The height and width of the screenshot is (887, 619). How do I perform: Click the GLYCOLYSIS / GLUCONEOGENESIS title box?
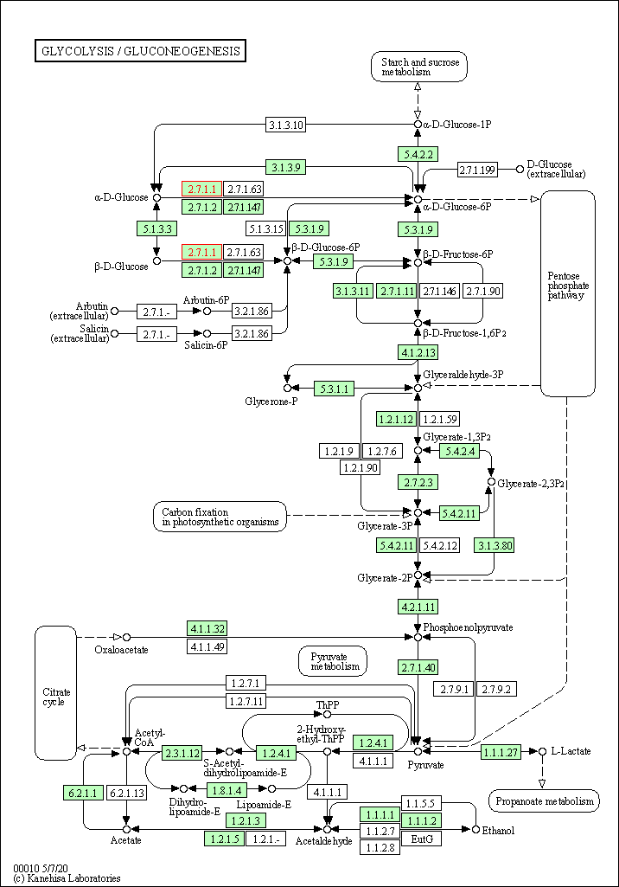coord(140,51)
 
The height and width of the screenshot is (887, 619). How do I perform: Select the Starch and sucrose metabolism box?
coord(418,67)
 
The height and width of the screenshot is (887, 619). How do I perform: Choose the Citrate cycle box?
coord(56,692)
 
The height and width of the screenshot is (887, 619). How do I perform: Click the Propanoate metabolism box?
coord(544,801)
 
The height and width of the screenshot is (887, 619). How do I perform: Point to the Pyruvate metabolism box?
coord(332,661)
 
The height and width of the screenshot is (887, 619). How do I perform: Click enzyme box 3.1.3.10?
coord(285,125)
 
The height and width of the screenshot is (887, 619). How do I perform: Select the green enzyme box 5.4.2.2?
coord(418,153)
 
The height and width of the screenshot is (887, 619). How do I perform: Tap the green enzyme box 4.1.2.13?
coord(418,352)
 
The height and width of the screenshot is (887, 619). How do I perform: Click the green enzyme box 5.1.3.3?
coord(156,228)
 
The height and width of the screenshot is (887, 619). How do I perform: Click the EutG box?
coord(421,839)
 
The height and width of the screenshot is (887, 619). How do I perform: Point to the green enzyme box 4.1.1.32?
coord(207,628)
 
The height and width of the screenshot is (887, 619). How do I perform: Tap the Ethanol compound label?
coord(498,831)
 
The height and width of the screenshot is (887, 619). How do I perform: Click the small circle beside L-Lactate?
coord(542,751)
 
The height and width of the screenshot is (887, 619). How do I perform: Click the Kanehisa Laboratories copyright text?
coord(67,878)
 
